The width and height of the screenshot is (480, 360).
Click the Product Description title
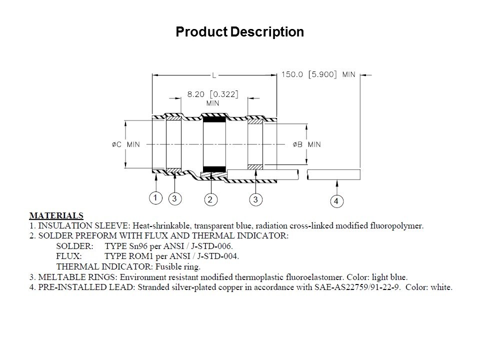[239, 32]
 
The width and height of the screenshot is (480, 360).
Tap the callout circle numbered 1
[155, 198]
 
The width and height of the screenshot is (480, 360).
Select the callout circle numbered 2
[210, 199]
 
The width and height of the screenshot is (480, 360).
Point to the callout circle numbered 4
[336, 201]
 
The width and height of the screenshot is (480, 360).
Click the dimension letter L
[214, 75]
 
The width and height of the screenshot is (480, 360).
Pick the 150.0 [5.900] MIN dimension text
[318, 74]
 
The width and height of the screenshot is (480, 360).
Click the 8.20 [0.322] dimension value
[213, 94]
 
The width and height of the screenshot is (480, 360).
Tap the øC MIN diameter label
[126, 144]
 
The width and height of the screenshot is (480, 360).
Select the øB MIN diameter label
[306, 144]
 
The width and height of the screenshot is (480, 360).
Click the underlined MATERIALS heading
[56, 215]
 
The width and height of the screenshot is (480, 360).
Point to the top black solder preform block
[214, 119]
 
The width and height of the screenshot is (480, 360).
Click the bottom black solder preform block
[214, 169]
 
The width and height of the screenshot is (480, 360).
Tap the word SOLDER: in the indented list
[74, 246]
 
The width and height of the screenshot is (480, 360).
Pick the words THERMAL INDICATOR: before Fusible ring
[104, 266]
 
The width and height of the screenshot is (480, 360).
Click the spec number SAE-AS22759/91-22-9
[357, 287]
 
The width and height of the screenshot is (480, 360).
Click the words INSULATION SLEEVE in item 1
[84, 226]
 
